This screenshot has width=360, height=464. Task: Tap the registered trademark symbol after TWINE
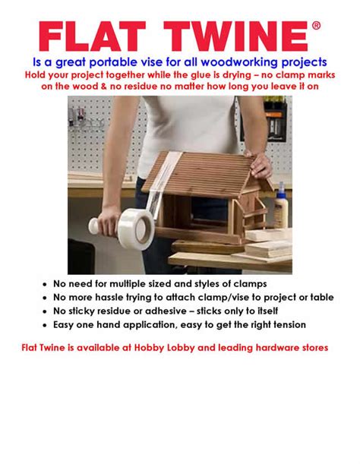[x=316, y=26]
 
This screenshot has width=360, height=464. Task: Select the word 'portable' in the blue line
[x=133, y=61]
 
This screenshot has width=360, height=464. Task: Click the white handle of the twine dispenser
[x=97, y=225]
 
